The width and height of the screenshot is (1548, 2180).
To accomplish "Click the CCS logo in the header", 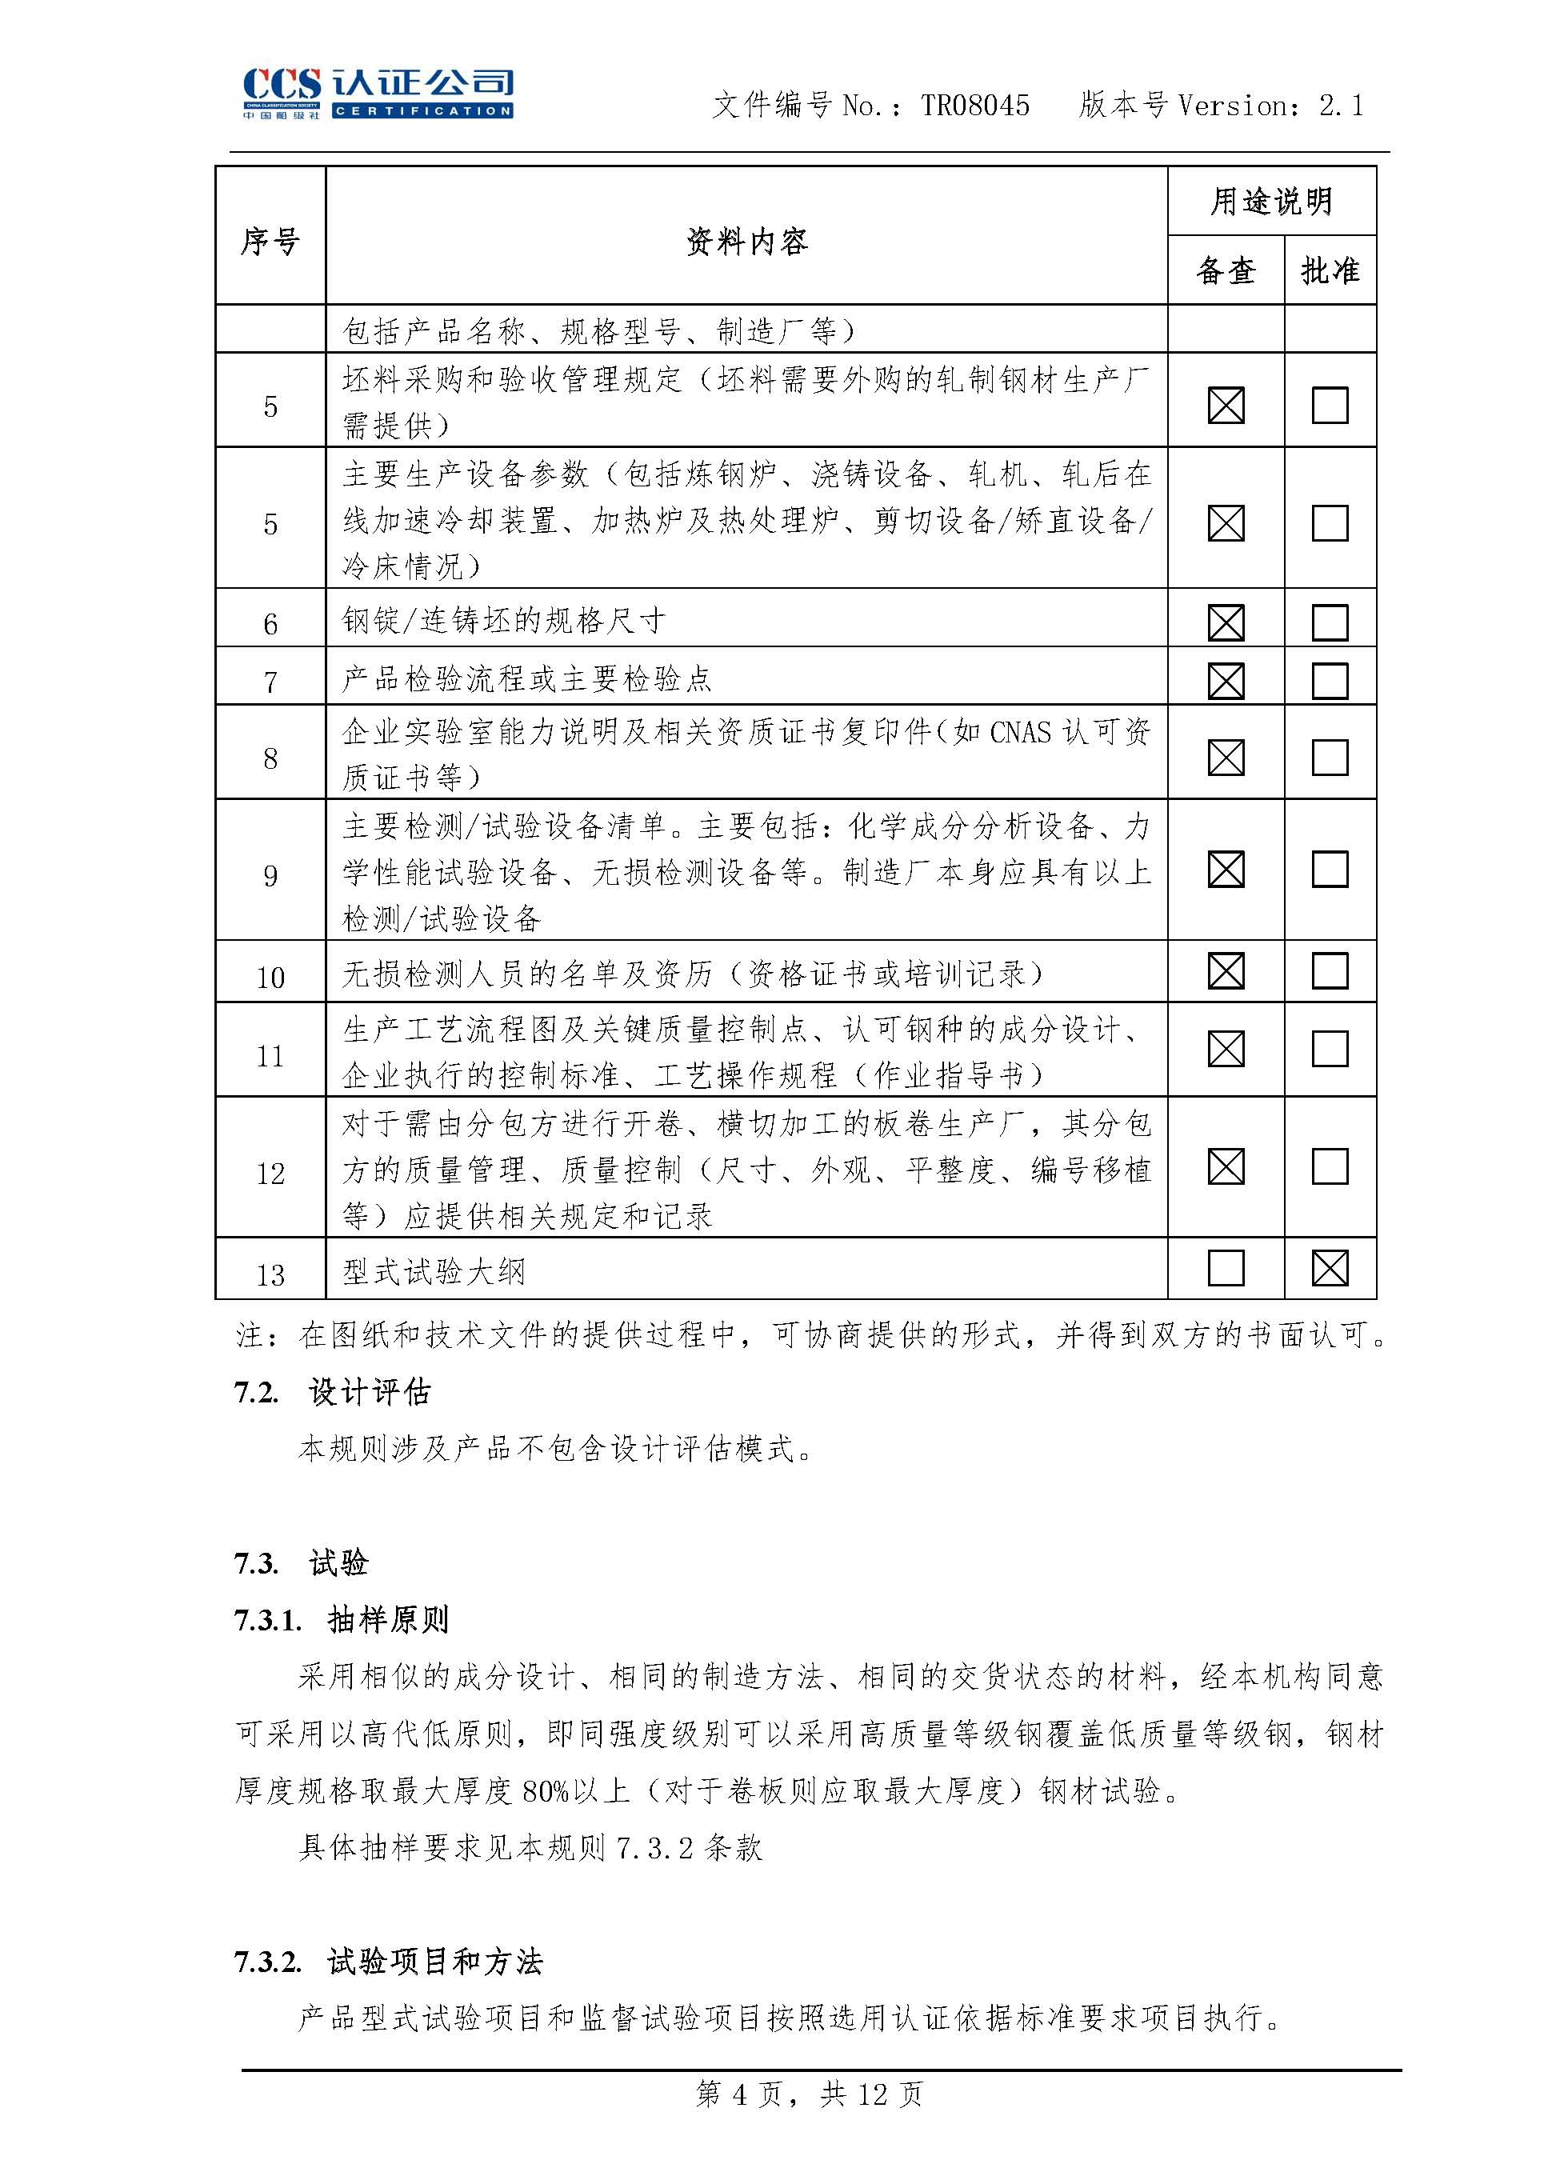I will coord(378,93).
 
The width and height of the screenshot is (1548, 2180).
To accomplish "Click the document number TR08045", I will coord(975,106).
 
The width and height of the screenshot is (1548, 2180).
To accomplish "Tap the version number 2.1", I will coord(1341,106).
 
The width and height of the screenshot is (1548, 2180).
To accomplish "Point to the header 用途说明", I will coord(1271,201).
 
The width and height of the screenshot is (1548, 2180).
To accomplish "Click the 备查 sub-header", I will coord(1226,270).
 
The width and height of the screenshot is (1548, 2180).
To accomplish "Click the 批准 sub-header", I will coord(1330,270).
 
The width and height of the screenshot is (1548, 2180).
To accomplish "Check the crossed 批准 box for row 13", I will coord(1330,1268).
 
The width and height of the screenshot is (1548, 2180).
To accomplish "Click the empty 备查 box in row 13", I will coord(1226,1268).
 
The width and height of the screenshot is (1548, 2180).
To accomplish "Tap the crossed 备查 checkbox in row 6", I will coord(1226,622).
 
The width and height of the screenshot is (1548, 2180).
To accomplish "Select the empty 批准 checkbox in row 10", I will coord(1330,971).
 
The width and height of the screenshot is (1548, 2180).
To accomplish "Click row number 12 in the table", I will coord(270,1174).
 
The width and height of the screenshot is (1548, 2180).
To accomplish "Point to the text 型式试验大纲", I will coord(434,1271).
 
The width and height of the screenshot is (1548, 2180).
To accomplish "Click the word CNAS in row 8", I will coord(1021,733).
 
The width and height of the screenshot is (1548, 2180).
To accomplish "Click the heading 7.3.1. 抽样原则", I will coord(342,1619).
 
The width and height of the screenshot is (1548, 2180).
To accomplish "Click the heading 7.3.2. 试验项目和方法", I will coord(389,1962).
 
